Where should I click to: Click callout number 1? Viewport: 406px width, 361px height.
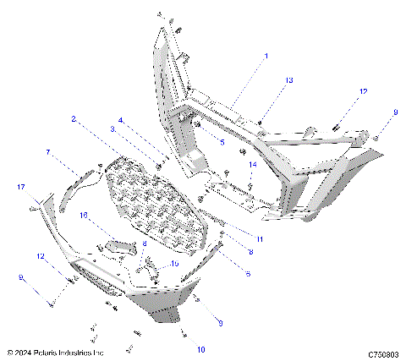265,56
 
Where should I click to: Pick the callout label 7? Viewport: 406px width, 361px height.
48,152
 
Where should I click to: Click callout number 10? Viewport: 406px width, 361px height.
201,348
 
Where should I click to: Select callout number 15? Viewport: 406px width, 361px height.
175,264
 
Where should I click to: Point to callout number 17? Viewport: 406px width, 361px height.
21,187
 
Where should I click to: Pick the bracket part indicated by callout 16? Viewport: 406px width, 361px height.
121,244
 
